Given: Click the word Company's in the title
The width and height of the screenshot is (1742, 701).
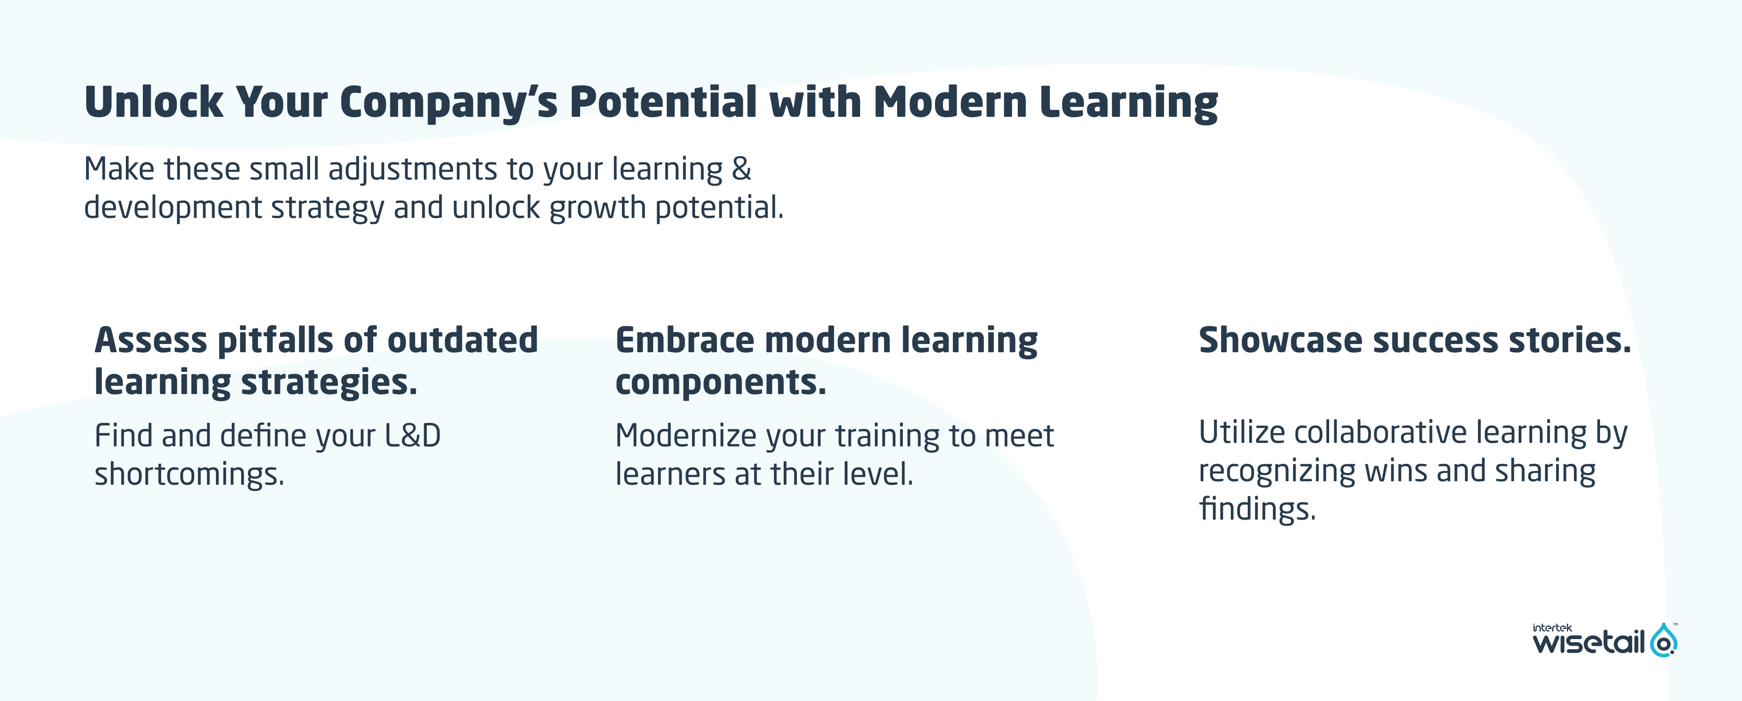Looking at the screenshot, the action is point(448,103).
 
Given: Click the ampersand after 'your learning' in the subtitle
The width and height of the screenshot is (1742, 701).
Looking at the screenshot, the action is point(741,168).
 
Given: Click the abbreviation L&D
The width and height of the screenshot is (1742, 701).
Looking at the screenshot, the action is point(412,435).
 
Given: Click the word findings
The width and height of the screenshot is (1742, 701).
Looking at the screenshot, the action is point(1258,509).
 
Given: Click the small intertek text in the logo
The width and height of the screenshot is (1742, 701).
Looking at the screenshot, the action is point(1552,628).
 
